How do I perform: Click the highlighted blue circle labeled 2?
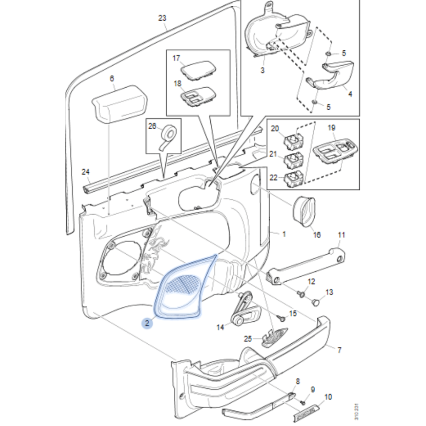tap(147, 323)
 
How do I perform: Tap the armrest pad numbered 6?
tap(119, 103)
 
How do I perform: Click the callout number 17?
tap(176, 58)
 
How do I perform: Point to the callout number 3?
tap(262, 70)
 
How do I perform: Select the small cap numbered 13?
tap(315, 302)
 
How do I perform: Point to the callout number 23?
tap(162, 18)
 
